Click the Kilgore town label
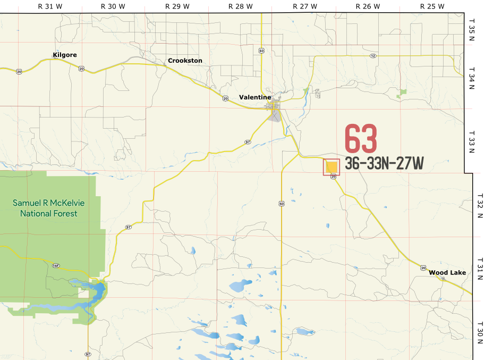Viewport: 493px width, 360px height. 65,55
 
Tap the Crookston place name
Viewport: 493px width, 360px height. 185,61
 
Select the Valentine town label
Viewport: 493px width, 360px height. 255,97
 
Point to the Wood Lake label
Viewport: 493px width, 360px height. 447,273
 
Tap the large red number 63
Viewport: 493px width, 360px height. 361,139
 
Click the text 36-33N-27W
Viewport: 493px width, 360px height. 384,163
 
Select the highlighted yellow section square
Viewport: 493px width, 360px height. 331,167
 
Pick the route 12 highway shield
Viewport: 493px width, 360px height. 373,55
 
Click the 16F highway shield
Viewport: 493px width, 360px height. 56,265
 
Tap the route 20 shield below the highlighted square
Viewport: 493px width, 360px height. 333,178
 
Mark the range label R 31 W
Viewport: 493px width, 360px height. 49,6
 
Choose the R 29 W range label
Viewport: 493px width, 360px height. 177,6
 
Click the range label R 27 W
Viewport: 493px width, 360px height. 304,6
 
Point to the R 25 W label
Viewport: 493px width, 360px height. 432,6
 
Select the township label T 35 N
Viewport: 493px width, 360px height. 472,28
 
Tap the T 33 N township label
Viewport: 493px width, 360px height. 472,141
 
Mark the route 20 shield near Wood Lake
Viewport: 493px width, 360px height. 423,267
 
